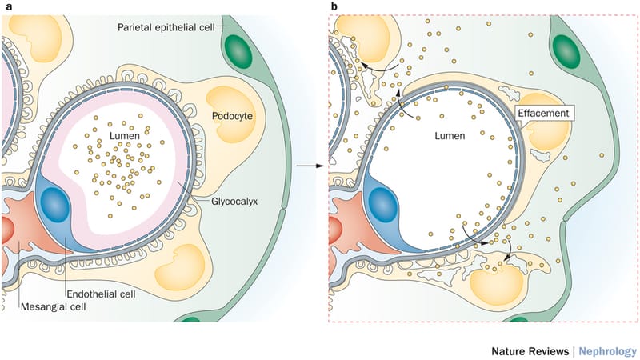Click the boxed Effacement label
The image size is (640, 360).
(x=544, y=114)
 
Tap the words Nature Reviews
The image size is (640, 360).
(x=528, y=350)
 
